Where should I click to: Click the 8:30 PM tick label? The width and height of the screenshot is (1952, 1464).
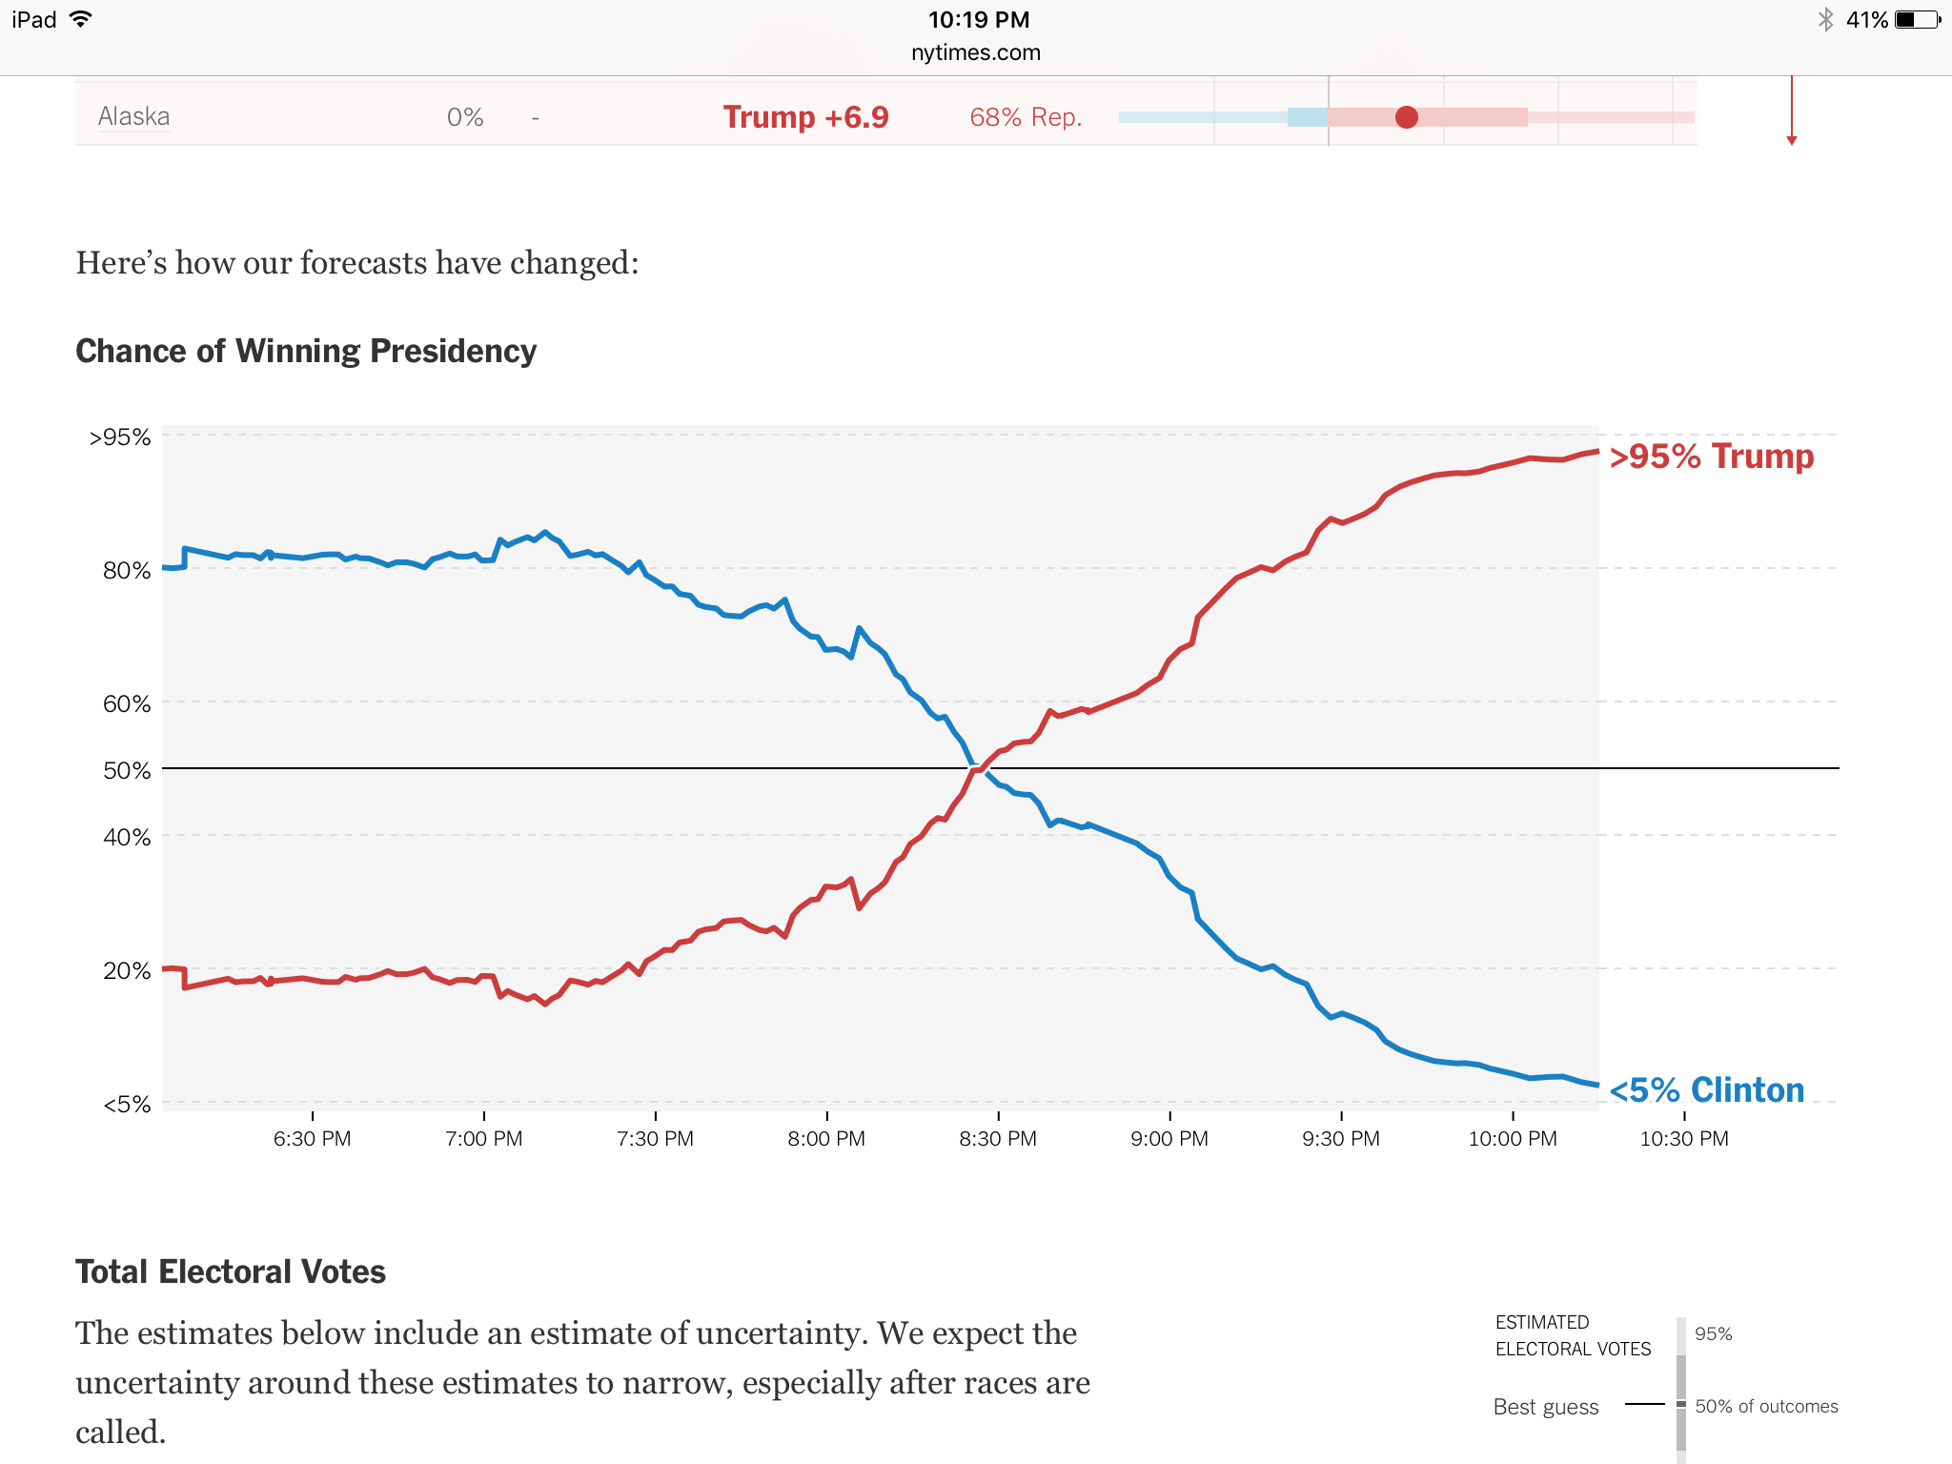[998, 1139]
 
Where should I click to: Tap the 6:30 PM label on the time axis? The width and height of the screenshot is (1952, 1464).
[312, 1139]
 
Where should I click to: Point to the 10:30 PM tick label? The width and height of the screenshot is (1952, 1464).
[1683, 1139]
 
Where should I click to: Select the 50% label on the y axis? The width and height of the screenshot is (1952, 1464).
[127, 770]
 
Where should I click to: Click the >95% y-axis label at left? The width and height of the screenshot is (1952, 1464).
[120, 437]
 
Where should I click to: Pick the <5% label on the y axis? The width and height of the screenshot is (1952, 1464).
[127, 1105]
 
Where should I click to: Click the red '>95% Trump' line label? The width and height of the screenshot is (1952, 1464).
[1711, 457]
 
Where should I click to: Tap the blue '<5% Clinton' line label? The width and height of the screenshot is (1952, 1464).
[1706, 1089]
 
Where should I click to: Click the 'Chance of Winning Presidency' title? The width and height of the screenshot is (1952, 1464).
[306, 351]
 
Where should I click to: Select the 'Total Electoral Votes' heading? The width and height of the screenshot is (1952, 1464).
[231, 1271]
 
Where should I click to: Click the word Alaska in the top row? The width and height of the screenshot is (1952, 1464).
[133, 116]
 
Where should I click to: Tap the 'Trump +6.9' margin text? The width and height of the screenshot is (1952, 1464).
[805, 117]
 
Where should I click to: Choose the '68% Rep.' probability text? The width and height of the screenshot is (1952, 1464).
[1026, 117]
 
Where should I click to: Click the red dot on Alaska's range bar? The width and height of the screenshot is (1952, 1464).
[1406, 117]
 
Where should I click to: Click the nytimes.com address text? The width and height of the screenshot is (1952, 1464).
[975, 52]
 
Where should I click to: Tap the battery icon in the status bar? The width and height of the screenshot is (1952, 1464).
[1917, 20]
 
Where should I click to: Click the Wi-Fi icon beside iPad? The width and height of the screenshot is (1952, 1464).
[81, 19]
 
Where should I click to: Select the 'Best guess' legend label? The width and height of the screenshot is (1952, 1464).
[1545, 1407]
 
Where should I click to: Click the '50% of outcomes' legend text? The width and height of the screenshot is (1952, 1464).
[1766, 1406]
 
